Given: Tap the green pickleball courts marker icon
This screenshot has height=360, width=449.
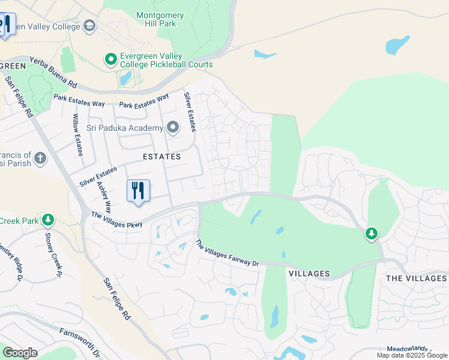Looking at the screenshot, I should click(x=110, y=59).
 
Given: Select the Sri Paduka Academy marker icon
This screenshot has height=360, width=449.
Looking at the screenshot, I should click(x=173, y=128).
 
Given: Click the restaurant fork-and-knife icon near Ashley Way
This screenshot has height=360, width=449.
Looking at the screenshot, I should click(x=138, y=190).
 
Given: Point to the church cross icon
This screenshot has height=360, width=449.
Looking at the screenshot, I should click(x=40, y=158).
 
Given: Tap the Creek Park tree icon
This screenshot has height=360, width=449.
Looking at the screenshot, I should click(x=48, y=220).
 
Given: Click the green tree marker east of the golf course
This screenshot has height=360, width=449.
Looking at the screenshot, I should click(x=372, y=233).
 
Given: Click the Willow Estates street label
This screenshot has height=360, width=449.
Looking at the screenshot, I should click(x=77, y=135).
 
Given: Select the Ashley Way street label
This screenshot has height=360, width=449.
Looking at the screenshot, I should click(x=104, y=198).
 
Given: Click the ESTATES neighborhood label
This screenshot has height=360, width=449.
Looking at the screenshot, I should click(x=161, y=157).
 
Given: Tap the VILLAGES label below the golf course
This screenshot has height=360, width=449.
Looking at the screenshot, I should click(x=309, y=274).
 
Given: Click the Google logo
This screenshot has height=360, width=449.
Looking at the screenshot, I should click(x=20, y=353).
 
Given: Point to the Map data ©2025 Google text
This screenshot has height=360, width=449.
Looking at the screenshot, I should click(x=412, y=355).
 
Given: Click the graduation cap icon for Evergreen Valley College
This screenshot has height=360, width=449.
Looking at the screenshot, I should click(x=89, y=25).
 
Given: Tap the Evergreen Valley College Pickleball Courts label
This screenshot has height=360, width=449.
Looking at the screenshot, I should click(x=166, y=60).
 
